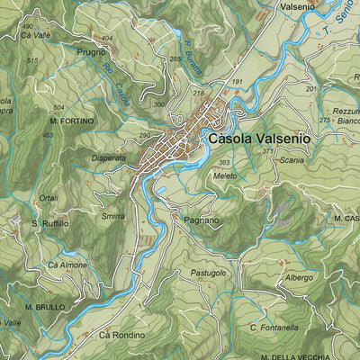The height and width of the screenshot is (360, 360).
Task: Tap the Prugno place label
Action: pos(91,53)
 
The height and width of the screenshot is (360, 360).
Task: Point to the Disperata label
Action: pos(109,158)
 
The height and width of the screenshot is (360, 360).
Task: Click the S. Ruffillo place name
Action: pos(49,223)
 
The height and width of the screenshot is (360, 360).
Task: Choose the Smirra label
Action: pos(112,217)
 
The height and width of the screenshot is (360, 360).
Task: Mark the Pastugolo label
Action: pos(208,272)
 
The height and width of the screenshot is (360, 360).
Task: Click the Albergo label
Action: pos(299,278)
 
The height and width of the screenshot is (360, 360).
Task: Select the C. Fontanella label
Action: pos(274,328)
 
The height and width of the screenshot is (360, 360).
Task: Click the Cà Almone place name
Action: pos(67,265)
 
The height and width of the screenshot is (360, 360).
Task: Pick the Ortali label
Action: pos(49,197)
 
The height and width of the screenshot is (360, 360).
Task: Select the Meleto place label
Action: pos(225,175)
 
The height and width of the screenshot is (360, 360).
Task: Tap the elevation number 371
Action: pos(267,152)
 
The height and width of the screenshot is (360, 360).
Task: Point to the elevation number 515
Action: pos(33,60)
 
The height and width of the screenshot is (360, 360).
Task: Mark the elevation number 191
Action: pos(238,82)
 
